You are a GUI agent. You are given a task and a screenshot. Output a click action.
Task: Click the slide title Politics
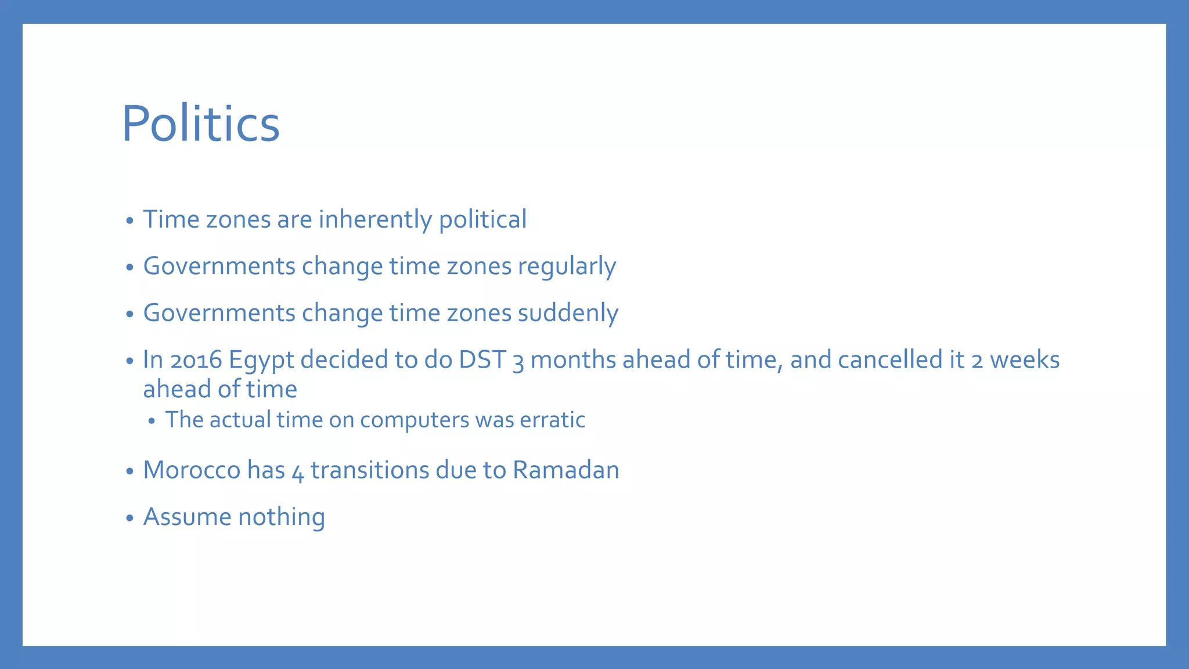(x=200, y=124)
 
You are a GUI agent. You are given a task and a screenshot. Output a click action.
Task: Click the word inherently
(x=375, y=220)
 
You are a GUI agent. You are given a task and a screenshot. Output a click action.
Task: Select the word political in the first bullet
(x=482, y=220)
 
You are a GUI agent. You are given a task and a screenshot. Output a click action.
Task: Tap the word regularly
(x=567, y=267)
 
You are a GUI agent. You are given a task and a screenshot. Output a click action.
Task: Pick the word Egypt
(x=261, y=360)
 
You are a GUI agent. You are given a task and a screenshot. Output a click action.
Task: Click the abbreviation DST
(x=482, y=360)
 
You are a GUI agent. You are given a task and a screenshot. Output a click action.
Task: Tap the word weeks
(x=1025, y=360)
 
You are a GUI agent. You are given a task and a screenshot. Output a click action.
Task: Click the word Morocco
(x=192, y=470)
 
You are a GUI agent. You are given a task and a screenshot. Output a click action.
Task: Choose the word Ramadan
(x=565, y=470)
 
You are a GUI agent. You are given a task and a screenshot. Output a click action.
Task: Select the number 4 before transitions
(x=298, y=472)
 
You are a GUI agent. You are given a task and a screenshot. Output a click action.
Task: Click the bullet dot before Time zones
(x=130, y=221)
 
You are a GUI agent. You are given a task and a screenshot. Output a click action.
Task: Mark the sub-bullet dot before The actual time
(x=152, y=422)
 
